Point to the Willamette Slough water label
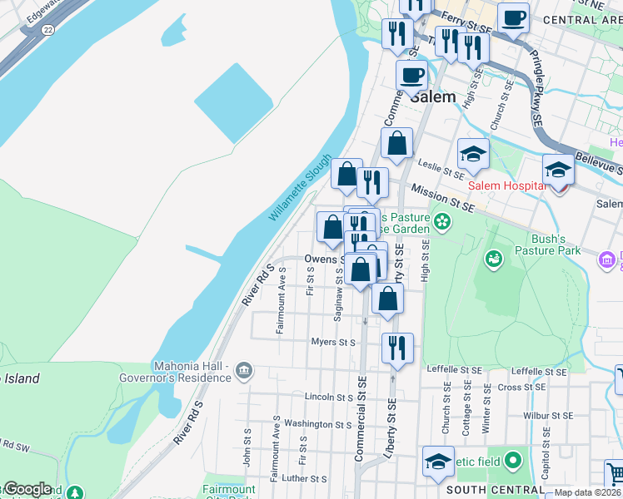click(300, 188)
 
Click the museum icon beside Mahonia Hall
click(244, 370)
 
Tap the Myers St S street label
click(333, 342)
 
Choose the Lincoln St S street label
click(329, 397)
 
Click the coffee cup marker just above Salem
click(411, 76)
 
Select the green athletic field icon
click(512, 460)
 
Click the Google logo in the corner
click(27, 489)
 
